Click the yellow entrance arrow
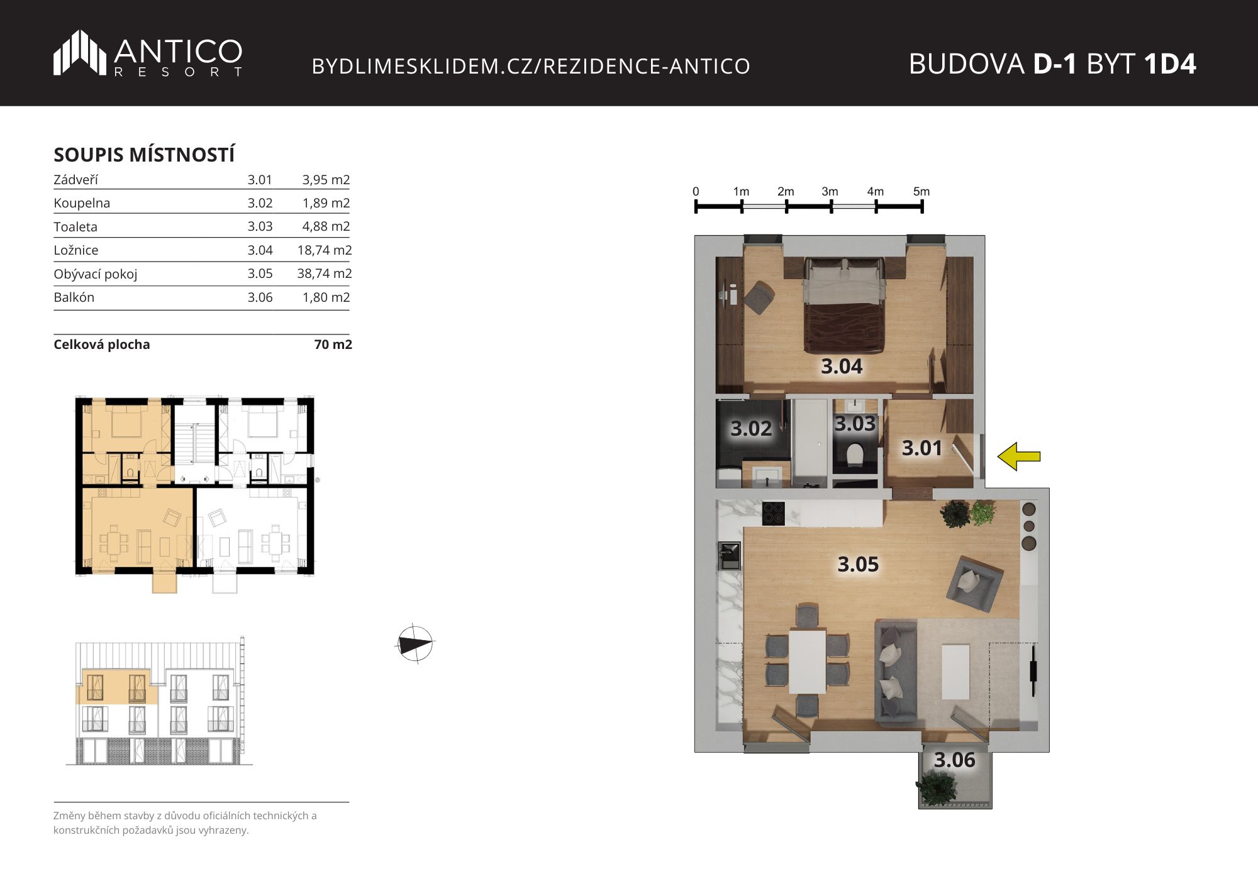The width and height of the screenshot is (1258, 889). (x=1019, y=456)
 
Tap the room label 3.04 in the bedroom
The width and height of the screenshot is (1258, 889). (x=842, y=366)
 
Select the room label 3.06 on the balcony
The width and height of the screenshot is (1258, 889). (x=954, y=759)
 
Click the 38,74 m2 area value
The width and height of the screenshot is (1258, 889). (x=325, y=273)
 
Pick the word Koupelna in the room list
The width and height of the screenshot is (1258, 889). (x=82, y=203)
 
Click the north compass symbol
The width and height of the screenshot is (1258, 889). (x=415, y=644)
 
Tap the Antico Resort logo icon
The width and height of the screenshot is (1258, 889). (x=79, y=52)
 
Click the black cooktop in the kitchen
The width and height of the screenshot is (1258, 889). (x=773, y=513)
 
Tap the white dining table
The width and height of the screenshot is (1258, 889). (x=808, y=661)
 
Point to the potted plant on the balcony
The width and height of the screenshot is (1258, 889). (x=937, y=788)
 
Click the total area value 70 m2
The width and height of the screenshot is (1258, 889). (x=333, y=345)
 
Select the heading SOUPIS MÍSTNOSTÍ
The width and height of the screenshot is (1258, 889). (x=144, y=155)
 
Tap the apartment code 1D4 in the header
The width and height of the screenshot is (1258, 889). (x=1170, y=64)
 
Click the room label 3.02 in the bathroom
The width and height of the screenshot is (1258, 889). (x=751, y=428)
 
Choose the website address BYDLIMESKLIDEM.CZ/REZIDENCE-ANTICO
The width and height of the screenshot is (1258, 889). (x=531, y=66)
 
